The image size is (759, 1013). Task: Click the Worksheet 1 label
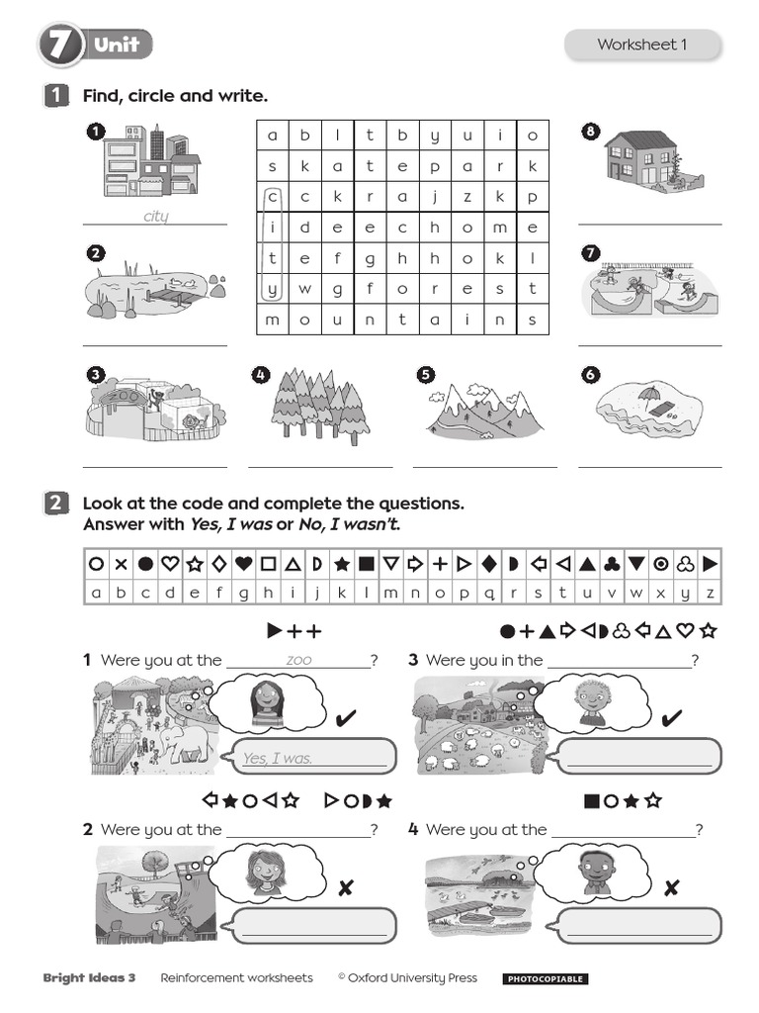pos(641,45)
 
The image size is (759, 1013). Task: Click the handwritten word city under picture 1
pos(155,216)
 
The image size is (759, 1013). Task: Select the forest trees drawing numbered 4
pos(319,407)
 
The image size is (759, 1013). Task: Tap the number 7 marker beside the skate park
pos(591,253)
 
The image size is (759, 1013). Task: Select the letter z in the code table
pos(710,593)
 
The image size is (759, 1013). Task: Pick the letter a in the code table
pos(96,593)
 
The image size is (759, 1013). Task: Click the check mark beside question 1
pos(346,717)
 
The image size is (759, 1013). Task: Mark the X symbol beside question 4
pos(672,887)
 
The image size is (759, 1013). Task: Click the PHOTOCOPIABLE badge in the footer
pos(545,979)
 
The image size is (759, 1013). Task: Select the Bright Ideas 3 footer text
pos(90,977)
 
